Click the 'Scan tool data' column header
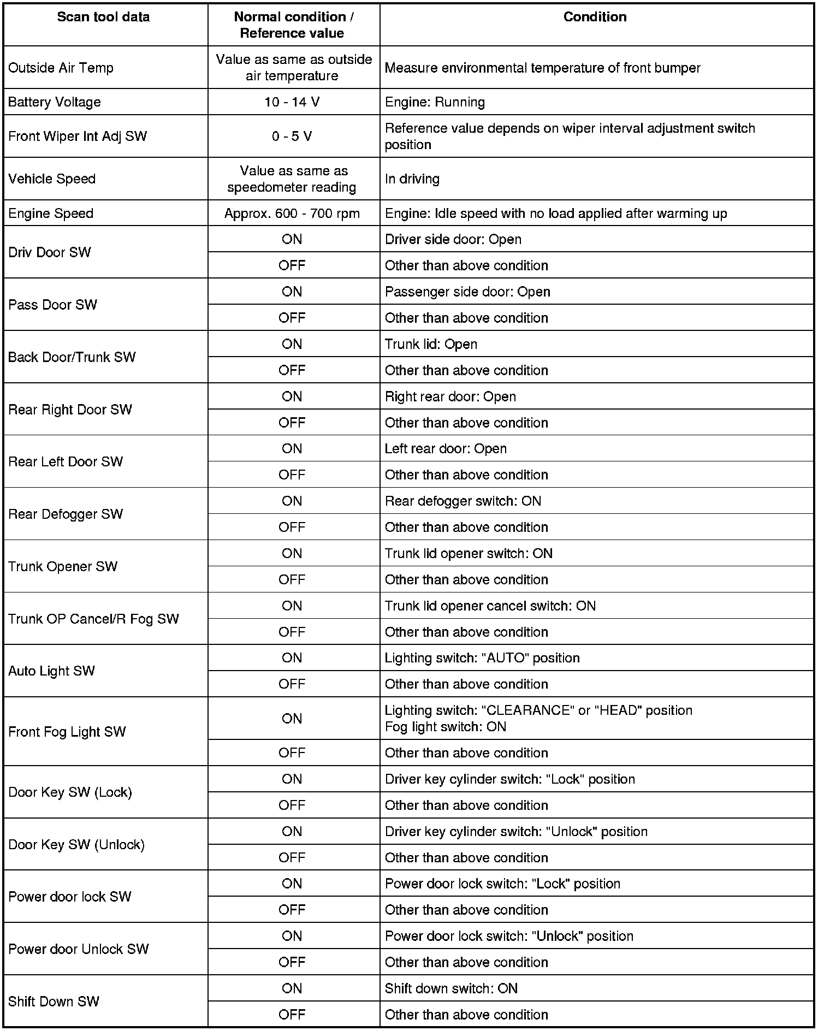tap(103, 17)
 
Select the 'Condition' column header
tap(595, 17)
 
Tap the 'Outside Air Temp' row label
tap(61, 68)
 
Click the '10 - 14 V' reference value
tap(292, 102)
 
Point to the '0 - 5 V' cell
tap(292, 136)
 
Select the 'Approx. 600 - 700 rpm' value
tap(292, 214)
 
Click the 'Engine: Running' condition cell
tap(435, 102)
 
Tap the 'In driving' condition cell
tap(412, 179)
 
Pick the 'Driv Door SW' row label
tap(50, 252)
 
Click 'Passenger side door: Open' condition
tap(467, 292)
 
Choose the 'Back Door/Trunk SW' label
tap(72, 357)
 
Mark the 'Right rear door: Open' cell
tap(450, 396)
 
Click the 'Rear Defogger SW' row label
tap(66, 514)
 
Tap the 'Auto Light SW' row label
tap(51, 671)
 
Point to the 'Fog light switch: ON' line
tap(445, 727)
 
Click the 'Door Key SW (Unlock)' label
tap(76, 845)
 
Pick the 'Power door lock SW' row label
tap(70, 897)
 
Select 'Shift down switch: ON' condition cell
tap(451, 988)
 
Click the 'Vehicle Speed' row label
tap(52, 179)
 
